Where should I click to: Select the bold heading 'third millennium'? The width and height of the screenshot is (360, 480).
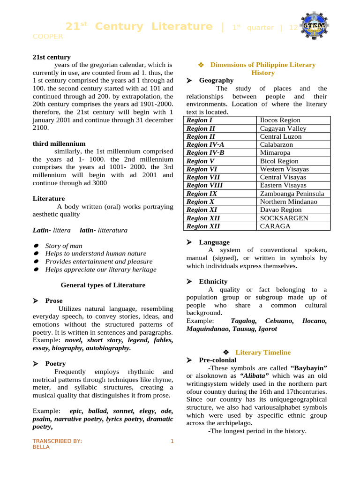[x=59, y=143]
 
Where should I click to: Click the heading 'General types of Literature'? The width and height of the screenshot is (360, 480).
[x=103, y=285]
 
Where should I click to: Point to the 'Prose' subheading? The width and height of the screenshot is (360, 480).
[x=54, y=300]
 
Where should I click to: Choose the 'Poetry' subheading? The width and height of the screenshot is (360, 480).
[x=55, y=363]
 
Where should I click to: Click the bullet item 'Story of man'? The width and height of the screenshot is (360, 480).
[x=64, y=246]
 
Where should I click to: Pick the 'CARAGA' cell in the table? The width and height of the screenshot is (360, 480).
[x=275, y=226]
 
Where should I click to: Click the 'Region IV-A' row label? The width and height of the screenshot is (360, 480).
[x=205, y=145]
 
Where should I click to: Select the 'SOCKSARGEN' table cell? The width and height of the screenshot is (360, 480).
[x=284, y=218]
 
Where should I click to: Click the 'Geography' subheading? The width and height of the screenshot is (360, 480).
[x=216, y=81]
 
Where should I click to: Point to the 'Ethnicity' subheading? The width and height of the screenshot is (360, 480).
[x=213, y=281]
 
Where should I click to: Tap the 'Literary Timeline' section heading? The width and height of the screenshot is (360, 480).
[x=263, y=352]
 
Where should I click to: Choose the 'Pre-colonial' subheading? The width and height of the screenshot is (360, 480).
[x=217, y=360]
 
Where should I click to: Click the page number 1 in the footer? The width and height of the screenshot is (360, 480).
[x=172, y=441]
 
